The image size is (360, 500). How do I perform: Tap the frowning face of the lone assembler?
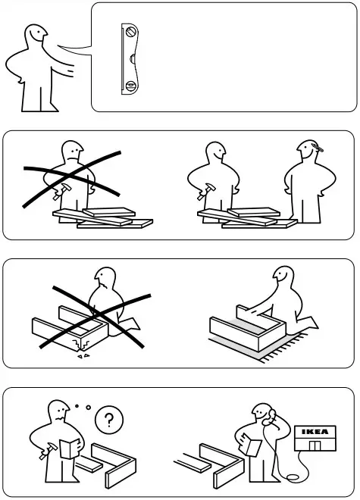72,152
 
